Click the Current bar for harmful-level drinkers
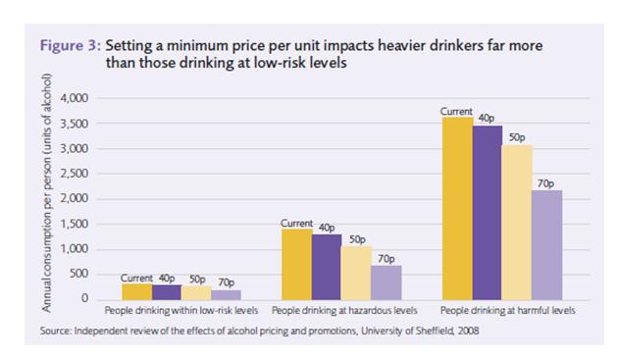pos(457,209)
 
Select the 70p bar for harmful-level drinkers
pos(546,245)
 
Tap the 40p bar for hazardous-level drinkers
pos(327,268)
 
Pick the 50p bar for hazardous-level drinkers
pos(356,274)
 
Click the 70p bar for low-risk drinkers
pos(226,295)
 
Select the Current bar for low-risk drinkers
pos(136,291)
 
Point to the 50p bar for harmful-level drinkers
pos(517,223)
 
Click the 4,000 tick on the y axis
pos(75,98)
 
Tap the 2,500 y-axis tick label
pos(75,174)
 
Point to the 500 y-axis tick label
pos(79,274)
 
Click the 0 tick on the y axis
pos(84,298)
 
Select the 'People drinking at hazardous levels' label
pos(344,311)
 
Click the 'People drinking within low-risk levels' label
pos(181,311)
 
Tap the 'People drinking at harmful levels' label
pos(508,311)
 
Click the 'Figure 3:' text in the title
pos(71,46)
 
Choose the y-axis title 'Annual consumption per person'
pos(46,234)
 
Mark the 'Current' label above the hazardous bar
pos(296,224)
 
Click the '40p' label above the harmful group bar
pos(487,119)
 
